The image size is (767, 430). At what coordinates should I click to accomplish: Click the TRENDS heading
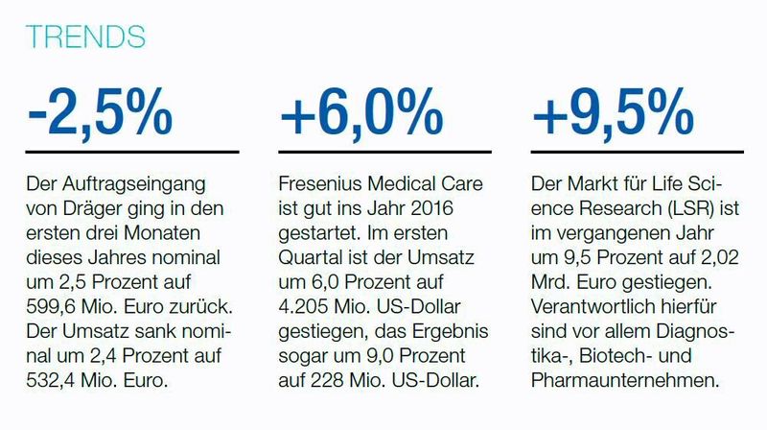[x=87, y=36]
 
